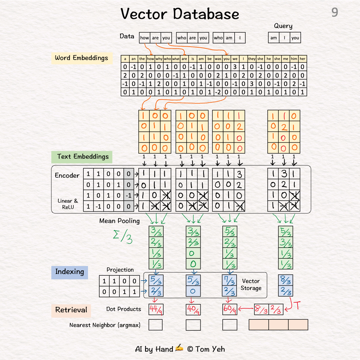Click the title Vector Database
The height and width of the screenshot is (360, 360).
tap(180, 14)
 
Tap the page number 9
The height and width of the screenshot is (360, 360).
tap(335, 13)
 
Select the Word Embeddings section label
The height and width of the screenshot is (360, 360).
tap(81, 58)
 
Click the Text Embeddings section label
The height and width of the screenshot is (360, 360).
tap(83, 157)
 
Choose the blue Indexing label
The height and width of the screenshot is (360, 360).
tap(69, 272)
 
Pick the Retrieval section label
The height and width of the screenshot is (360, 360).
tap(71, 310)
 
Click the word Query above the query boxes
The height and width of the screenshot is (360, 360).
tap(283, 26)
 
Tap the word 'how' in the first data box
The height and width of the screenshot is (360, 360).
tap(145, 38)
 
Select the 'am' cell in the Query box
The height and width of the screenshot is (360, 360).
tap(274, 38)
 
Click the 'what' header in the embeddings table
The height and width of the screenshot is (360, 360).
tap(176, 59)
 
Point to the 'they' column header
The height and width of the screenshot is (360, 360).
tap(252, 59)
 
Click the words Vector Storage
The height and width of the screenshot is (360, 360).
tap(251, 285)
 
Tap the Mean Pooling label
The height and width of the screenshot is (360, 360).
tap(119, 221)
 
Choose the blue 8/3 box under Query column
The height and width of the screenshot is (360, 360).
tap(285, 281)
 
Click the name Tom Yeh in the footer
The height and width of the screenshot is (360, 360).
tap(210, 349)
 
